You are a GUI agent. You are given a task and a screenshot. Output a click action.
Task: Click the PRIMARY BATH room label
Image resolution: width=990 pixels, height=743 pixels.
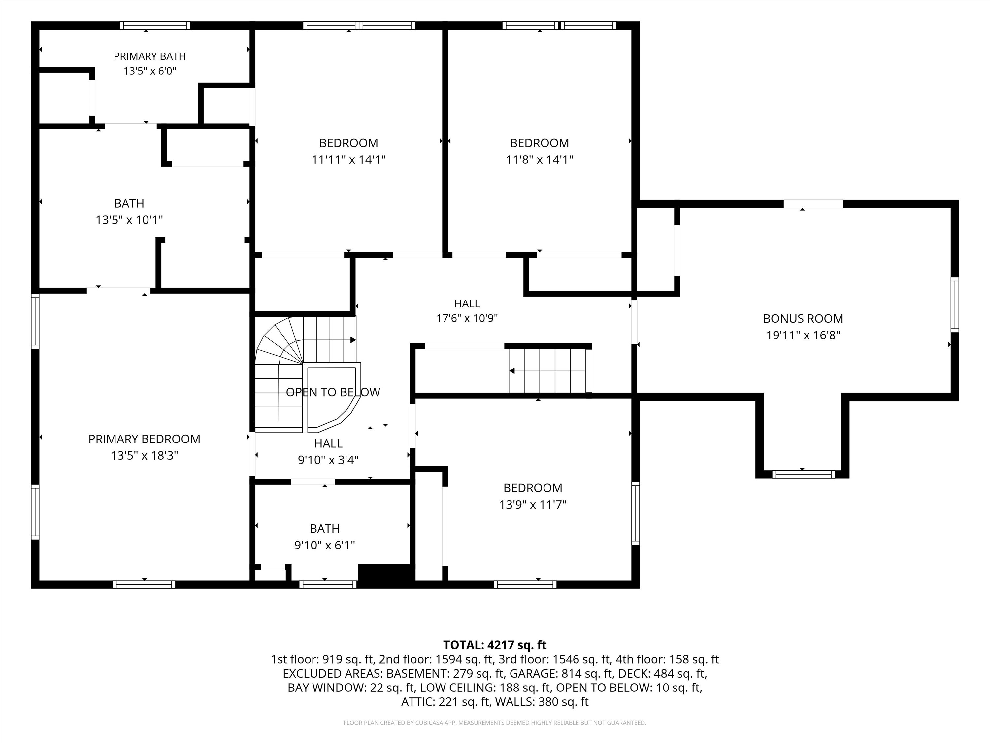tap(149, 56)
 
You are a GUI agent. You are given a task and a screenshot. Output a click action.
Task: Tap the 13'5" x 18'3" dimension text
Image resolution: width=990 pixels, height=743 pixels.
tap(145, 455)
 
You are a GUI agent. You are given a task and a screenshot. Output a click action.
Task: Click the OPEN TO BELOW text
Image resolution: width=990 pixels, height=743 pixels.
tap(333, 392)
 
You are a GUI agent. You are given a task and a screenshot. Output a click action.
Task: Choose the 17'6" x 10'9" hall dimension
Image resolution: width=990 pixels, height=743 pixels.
tap(467, 318)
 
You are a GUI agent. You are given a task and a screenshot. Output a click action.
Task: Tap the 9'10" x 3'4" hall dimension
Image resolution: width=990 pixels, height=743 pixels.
tap(328, 460)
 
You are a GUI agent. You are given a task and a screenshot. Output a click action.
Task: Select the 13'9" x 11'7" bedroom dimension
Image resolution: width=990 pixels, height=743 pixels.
tap(533, 504)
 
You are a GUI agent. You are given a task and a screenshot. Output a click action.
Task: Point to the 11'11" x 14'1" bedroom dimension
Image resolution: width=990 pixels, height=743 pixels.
tap(349, 159)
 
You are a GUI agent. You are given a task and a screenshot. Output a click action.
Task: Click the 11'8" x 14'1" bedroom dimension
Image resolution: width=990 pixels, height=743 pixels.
tap(539, 159)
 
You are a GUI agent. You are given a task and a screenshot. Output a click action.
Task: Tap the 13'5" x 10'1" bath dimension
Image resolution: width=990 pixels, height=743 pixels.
tap(129, 220)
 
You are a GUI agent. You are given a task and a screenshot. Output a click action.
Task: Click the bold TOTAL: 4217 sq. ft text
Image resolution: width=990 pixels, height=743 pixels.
tap(495, 645)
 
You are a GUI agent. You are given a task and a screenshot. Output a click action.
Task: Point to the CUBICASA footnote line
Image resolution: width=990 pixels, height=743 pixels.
tap(495, 723)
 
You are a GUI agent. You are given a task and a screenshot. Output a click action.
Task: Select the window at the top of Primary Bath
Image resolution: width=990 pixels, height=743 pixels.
tap(155, 25)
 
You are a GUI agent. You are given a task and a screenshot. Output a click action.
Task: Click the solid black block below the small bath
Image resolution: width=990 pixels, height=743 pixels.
tap(384, 576)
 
